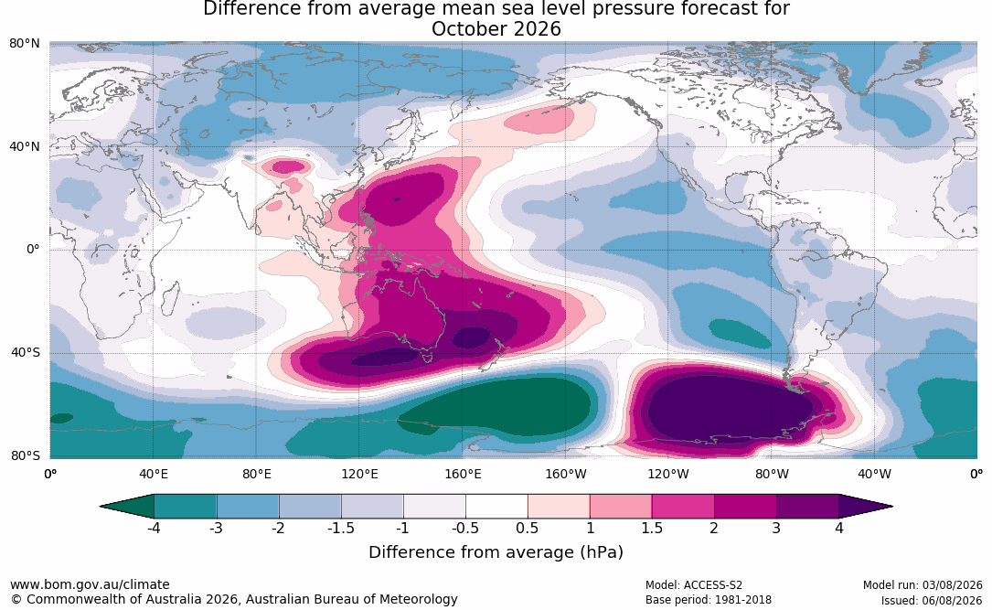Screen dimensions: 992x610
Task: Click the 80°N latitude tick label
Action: [x=24, y=43]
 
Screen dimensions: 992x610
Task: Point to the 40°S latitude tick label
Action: [x=26, y=352]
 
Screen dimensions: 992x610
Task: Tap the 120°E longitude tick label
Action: [x=359, y=474]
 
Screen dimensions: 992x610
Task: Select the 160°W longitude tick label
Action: [x=566, y=474]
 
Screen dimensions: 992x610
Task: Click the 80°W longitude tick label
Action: [x=772, y=474]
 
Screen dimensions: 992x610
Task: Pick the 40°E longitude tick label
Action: [x=153, y=474]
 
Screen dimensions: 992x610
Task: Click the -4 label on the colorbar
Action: [x=153, y=528]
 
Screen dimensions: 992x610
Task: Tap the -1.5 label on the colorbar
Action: [x=340, y=528]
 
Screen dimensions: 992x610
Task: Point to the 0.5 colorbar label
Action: [x=528, y=528]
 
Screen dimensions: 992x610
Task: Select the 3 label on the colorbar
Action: [x=776, y=528]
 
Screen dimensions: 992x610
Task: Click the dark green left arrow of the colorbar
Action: [x=127, y=507]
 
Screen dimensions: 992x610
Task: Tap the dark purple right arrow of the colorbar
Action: [x=866, y=507]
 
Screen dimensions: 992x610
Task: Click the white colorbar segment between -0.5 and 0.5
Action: [x=496, y=507]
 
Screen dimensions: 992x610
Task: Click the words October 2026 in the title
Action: [x=496, y=29]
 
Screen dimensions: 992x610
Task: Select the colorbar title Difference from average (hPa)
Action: [x=496, y=552]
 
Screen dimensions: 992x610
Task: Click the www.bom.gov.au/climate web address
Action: [x=90, y=584]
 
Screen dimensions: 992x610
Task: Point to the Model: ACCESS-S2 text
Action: [x=694, y=585]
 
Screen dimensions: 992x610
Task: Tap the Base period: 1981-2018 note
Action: [x=709, y=600]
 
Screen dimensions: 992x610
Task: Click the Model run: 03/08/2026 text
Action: [x=923, y=585]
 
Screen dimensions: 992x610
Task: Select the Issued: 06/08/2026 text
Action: [x=932, y=600]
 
